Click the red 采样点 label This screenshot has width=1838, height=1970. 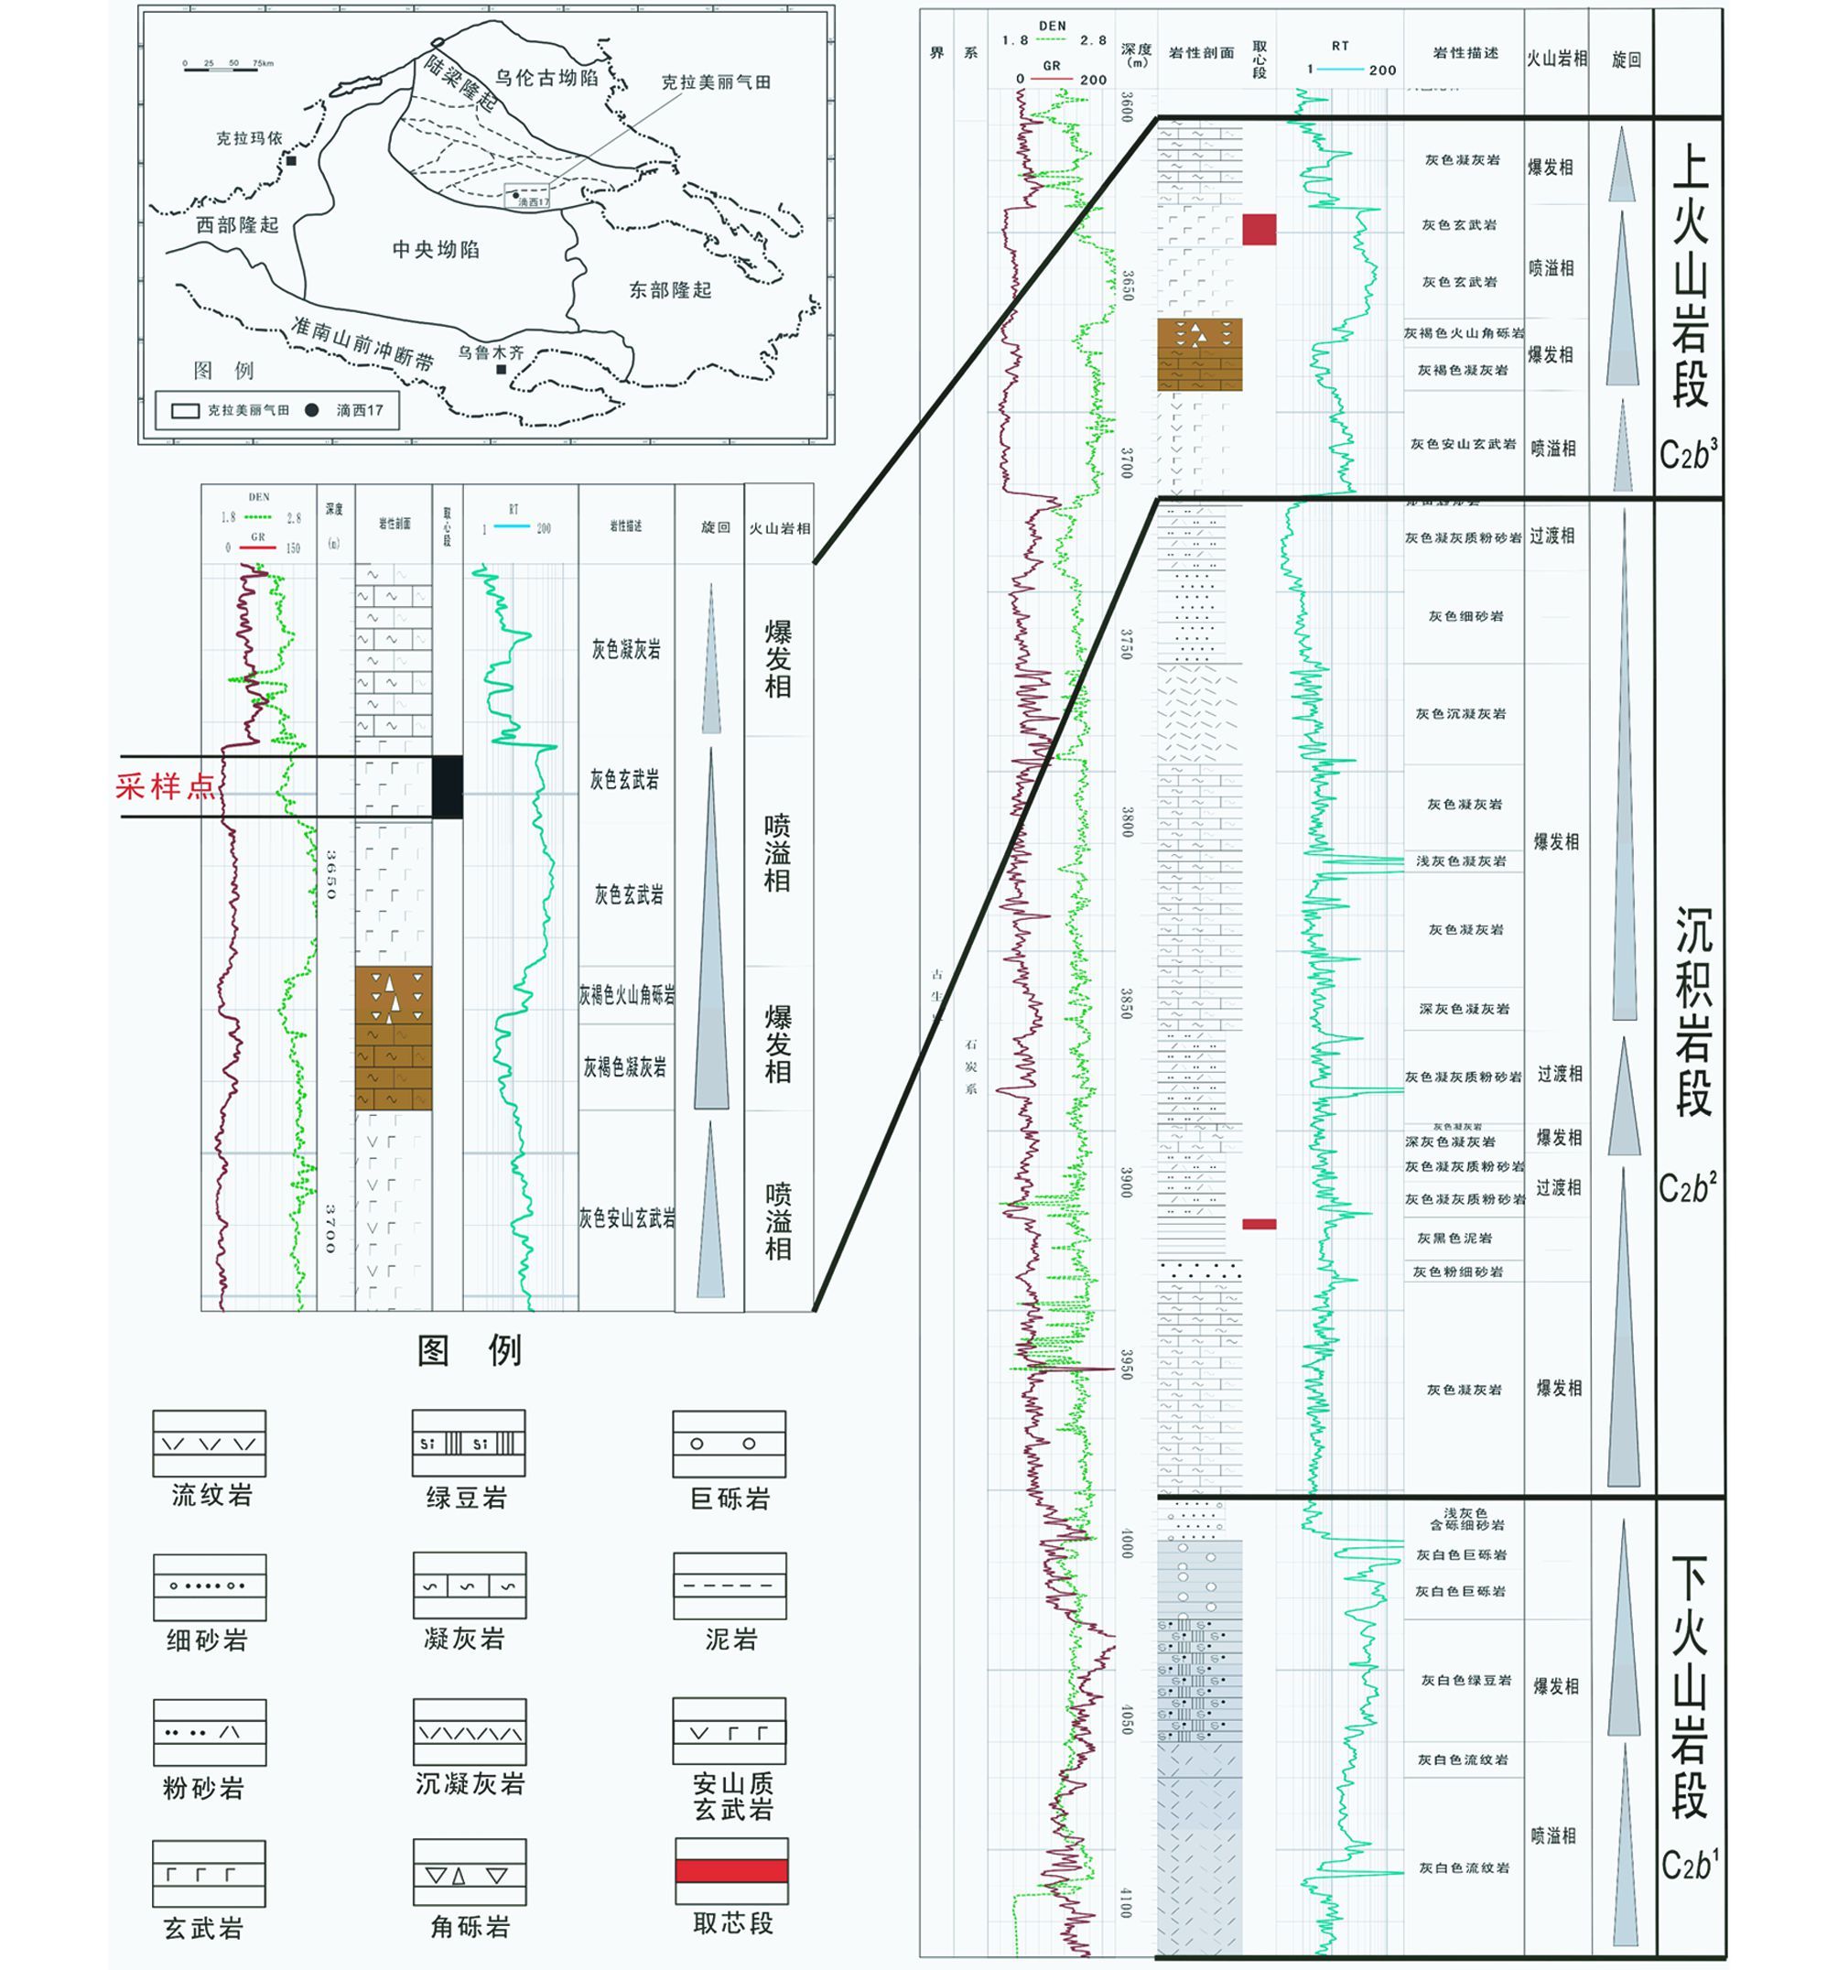165,787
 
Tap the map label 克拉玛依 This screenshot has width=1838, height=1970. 250,137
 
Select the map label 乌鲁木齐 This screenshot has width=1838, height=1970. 491,352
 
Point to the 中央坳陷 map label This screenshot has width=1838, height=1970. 436,250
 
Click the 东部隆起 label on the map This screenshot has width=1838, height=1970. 671,290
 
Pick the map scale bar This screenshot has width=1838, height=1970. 227,65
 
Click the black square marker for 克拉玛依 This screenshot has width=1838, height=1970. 291,160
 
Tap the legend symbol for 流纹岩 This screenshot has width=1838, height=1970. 209,1444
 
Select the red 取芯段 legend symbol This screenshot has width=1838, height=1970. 731,1870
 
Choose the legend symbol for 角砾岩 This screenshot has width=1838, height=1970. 469,1872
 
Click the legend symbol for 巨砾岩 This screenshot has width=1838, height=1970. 730,1444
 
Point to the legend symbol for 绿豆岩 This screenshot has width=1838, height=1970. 469,1444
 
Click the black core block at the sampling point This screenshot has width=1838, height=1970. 447,787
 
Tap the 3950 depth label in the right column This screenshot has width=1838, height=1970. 1126,1364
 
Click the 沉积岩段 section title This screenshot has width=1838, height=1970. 1692,1011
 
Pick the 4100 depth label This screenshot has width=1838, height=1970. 1126,1902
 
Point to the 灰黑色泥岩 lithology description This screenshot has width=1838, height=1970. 1454,1239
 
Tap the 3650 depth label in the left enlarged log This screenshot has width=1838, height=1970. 331,874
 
